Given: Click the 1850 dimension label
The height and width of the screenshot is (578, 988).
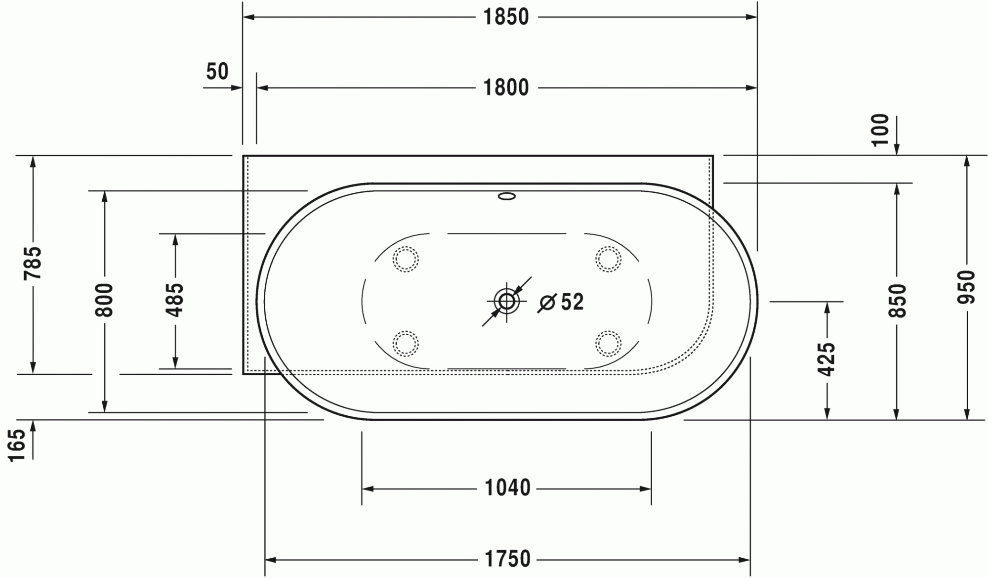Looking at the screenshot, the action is tap(506, 17).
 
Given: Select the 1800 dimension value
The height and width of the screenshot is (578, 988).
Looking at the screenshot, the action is tap(506, 88).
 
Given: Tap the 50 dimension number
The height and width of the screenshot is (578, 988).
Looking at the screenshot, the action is tap(217, 72).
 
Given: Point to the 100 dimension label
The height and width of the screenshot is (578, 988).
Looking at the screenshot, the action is tap(880, 130).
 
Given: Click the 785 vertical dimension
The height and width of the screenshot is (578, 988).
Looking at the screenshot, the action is tap(33, 263).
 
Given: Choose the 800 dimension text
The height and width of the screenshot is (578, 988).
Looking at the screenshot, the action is tap(105, 300).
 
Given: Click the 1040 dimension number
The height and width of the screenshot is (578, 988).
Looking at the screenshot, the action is tap(507, 488).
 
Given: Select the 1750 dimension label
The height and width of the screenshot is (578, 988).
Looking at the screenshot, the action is tap(507, 559).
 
